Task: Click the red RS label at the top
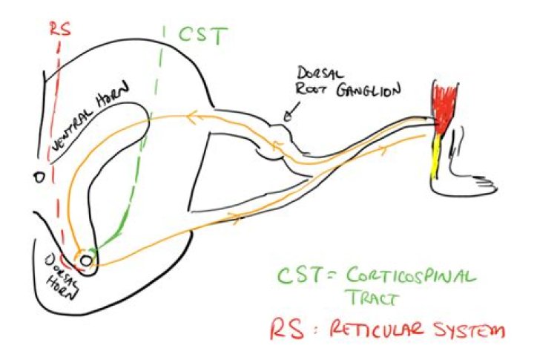60,29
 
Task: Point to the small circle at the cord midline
39,177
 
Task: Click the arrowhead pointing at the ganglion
289,117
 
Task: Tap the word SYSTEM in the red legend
467,329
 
